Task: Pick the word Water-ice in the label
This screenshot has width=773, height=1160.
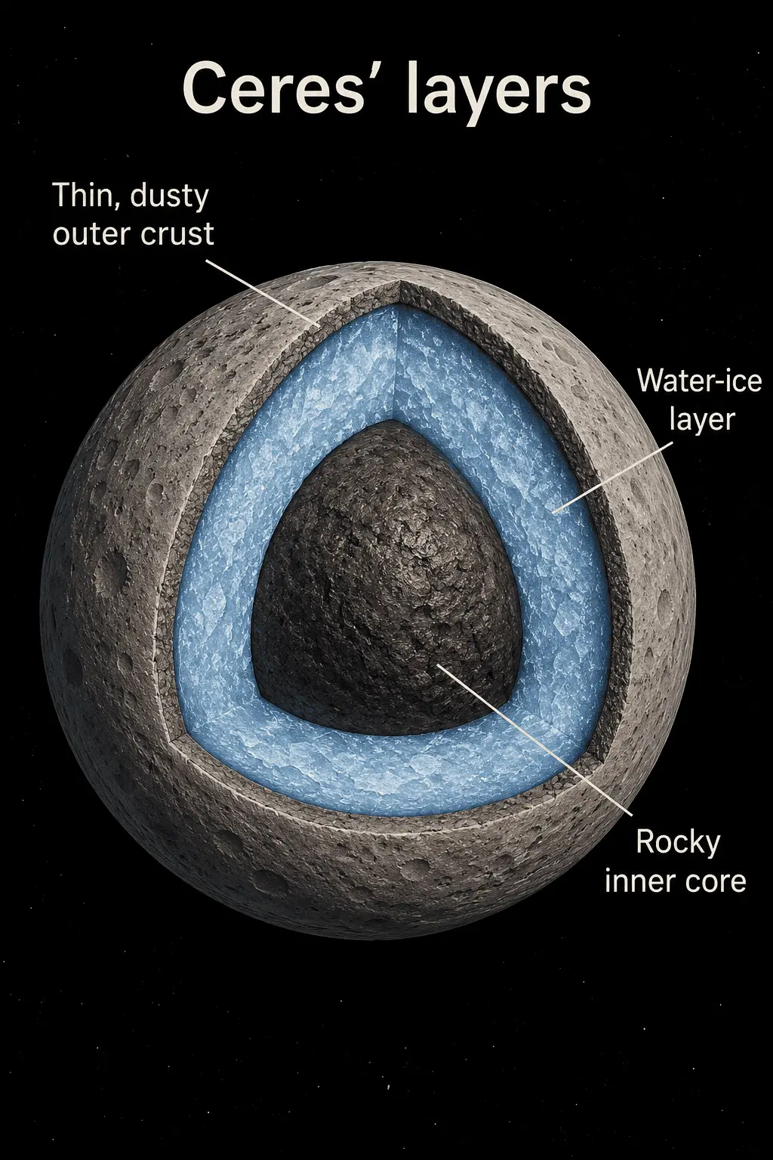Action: pyautogui.click(x=700, y=381)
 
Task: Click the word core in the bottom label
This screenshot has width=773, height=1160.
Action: pyautogui.click(x=711, y=881)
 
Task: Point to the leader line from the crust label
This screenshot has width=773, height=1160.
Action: pyautogui.click(x=262, y=292)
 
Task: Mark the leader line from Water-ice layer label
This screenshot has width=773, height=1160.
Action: pyautogui.click(x=613, y=477)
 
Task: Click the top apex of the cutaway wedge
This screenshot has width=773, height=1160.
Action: pyautogui.click(x=399, y=281)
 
